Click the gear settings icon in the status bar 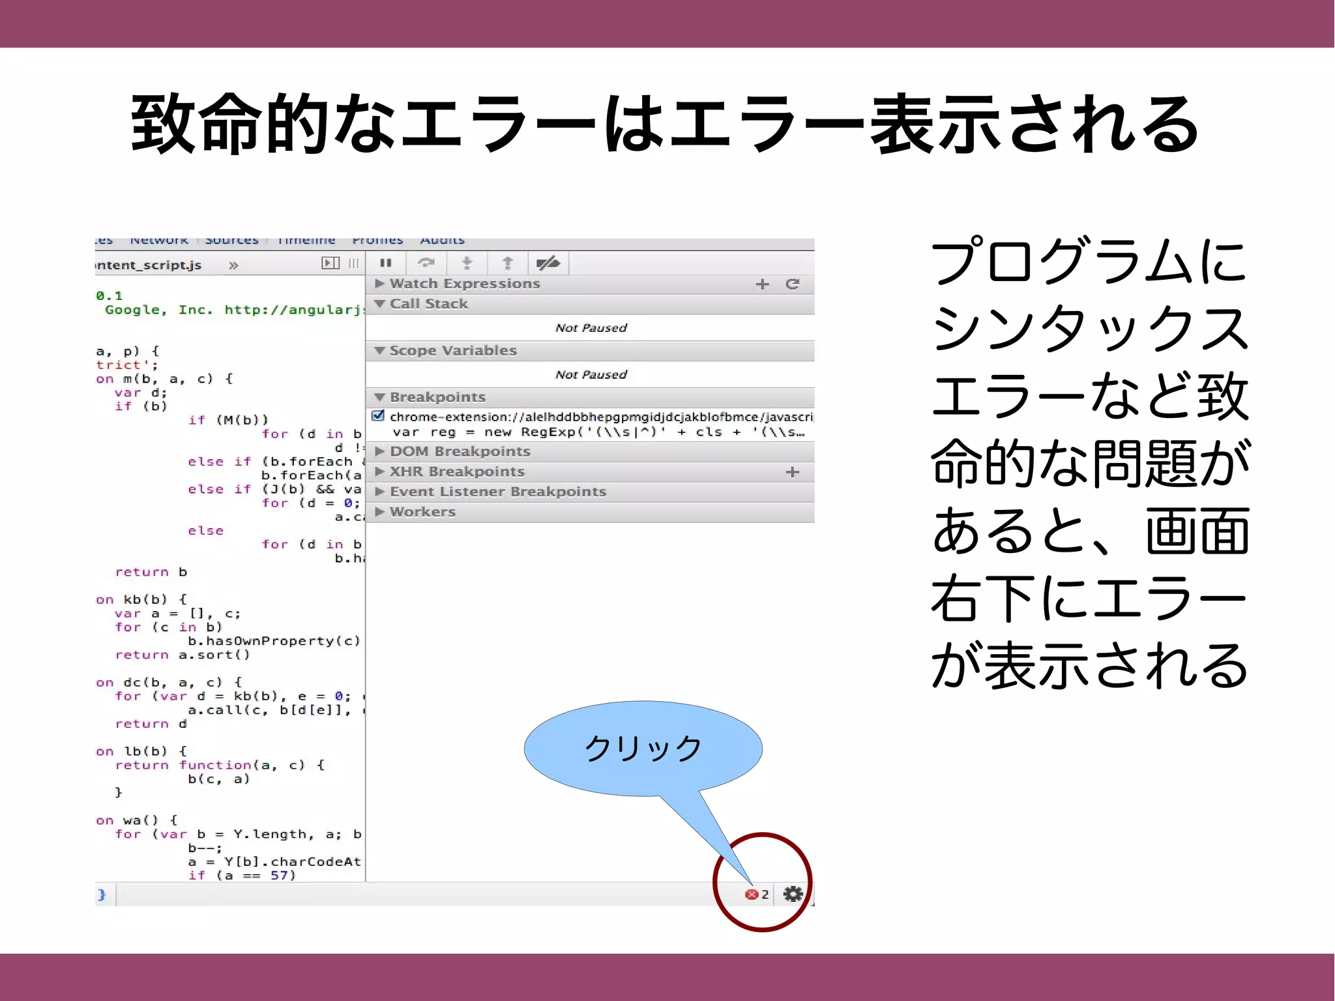[x=793, y=894]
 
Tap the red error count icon [x=752, y=895]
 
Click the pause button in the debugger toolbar [x=386, y=263]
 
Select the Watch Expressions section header [x=465, y=284]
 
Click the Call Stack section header [x=428, y=304]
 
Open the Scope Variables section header [x=452, y=351]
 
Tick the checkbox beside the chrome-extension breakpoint [x=378, y=416]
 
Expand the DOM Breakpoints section [x=460, y=451]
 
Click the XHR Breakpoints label [x=457, y=471]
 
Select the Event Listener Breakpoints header [x=497, y=492]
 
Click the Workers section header [x=422, y=512]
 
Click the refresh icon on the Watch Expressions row [x=792, y=284]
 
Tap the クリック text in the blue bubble [x=643, y=748]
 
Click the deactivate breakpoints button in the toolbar [x=548, y=263]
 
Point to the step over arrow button [x=426, y=263]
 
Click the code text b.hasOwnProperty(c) [x=274, y=641]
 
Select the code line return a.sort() [x=183, y=655]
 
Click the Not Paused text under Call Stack [x=591, y=328]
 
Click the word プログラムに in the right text [x=1089, y=262]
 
